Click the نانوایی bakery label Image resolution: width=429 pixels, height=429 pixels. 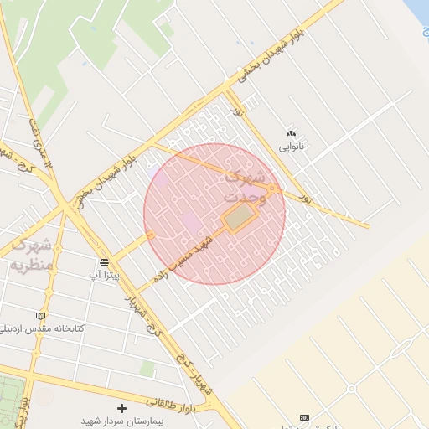coord(292,146)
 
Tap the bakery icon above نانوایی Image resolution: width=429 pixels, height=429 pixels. coord(292,133)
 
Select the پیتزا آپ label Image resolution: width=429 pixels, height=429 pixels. coord(105,274)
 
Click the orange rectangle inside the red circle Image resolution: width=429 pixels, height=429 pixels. coord(240,219)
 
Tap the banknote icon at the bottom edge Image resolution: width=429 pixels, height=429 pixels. coord(303,416)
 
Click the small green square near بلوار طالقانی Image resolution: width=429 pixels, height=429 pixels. coord(147,370)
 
